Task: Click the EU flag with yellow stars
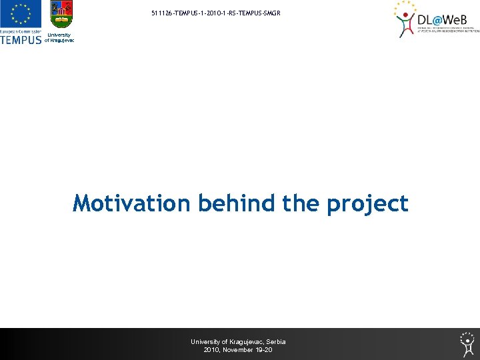pos(21,15)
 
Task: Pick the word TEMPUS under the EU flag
pos(21,39)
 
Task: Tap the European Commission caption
pos(21,31)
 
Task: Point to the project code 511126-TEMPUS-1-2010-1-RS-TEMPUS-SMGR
pos(211,13)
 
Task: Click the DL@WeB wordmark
pos(447,19)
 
